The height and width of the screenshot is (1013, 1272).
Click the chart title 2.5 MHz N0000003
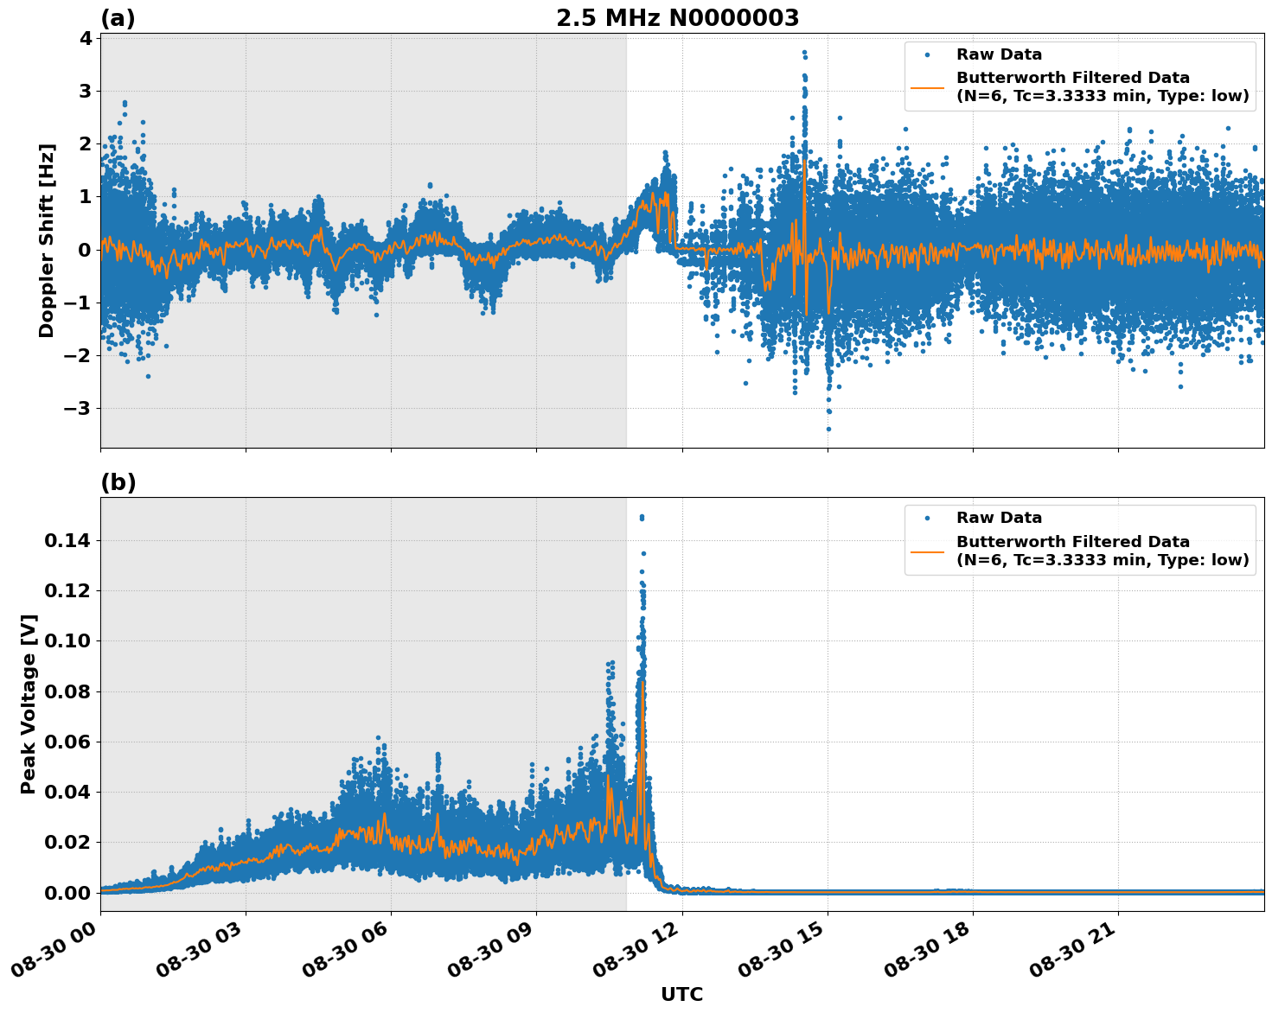677,18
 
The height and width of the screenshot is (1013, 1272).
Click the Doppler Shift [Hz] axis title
47,240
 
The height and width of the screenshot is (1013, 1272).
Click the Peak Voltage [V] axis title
29,704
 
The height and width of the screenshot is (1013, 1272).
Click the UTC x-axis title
681,994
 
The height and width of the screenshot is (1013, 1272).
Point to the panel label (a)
118,18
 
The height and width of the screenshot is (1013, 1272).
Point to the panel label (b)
118,482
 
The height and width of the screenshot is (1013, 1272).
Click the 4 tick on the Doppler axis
85,38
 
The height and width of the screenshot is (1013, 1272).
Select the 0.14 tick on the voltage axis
67,541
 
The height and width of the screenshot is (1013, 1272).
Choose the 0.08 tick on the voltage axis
67,691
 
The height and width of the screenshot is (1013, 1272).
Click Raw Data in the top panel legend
999,55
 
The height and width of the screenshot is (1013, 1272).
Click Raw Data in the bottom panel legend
999,519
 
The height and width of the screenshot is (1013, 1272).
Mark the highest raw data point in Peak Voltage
642,517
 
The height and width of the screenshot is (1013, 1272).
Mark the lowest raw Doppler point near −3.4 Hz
828,429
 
